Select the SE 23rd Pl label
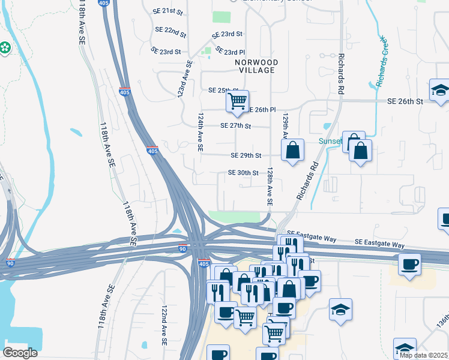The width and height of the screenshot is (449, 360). (230, 52)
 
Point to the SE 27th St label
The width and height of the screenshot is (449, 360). (235, 126)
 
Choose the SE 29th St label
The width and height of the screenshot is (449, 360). (246, 155)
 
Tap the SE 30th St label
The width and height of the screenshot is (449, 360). (243, 173)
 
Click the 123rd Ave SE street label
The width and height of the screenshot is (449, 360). (185, 79)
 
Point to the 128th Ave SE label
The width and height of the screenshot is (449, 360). (270, 187)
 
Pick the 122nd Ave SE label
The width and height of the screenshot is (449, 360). (164, 324)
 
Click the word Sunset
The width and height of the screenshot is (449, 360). (330, 142)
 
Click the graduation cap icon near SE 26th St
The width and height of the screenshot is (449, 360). (441, 91)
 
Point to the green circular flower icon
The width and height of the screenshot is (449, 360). (4, 47)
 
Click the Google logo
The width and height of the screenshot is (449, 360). (20, 353)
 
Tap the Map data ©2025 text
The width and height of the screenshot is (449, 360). (423, 355)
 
